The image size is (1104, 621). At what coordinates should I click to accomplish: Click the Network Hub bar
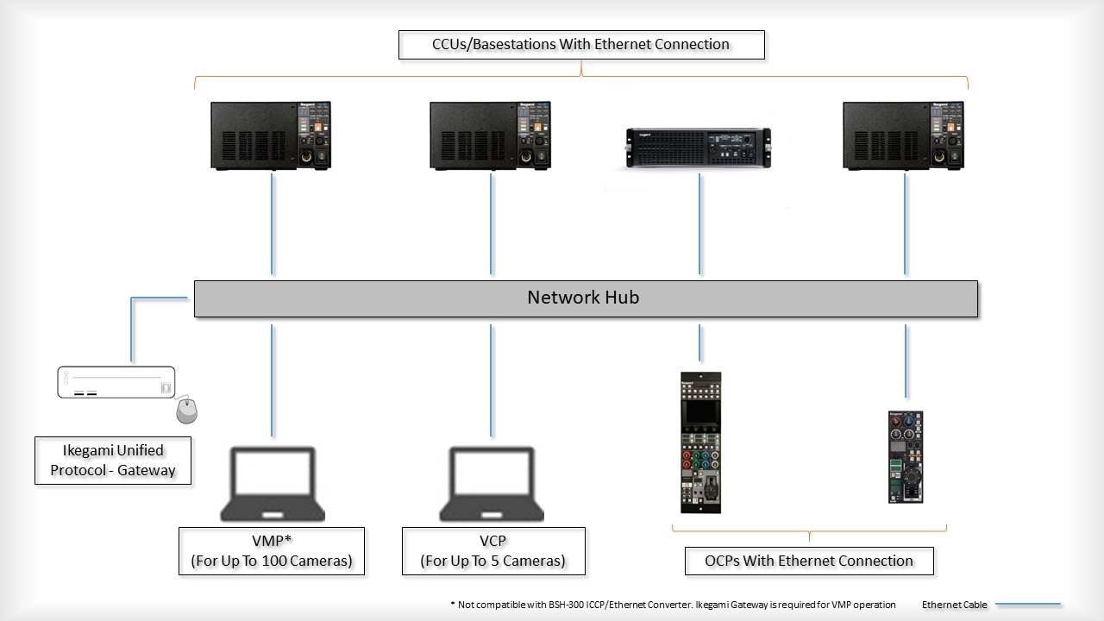(x=585, y=298)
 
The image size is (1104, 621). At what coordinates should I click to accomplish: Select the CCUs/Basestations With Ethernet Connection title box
(x=580, y=45)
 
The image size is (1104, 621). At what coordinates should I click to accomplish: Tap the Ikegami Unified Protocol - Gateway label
(x=112, y=461)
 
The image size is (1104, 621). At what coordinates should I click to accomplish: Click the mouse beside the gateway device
(x=186, y=411)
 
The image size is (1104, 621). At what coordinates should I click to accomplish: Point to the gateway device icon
(x=116, y=382)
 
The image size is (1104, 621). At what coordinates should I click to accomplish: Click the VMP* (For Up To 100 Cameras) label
(x=271, y=551)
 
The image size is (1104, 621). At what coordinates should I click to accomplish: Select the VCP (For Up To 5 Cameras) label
(x=492, y=551)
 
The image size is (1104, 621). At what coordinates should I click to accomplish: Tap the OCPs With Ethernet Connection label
(x=808, y=561)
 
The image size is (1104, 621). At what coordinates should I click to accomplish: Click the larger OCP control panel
(x=699, y=442)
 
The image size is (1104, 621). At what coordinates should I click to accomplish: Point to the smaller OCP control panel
(x=905, y=456)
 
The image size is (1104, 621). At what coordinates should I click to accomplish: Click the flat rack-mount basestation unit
(x=698, y=147)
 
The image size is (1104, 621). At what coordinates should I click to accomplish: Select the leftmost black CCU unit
(x=271, y=135)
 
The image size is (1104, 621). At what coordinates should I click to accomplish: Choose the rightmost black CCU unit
(x=903, y=135)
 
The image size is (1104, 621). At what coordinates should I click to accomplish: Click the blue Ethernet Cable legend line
(x=1028, y=605)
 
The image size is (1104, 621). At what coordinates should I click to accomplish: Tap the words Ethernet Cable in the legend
(x=954, y=605)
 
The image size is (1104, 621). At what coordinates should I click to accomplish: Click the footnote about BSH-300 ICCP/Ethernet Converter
(x=673, y=605)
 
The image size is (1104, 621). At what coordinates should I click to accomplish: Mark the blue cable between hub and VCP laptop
(x=492, y=379)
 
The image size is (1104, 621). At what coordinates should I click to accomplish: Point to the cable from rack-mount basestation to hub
(x=699, y=224)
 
